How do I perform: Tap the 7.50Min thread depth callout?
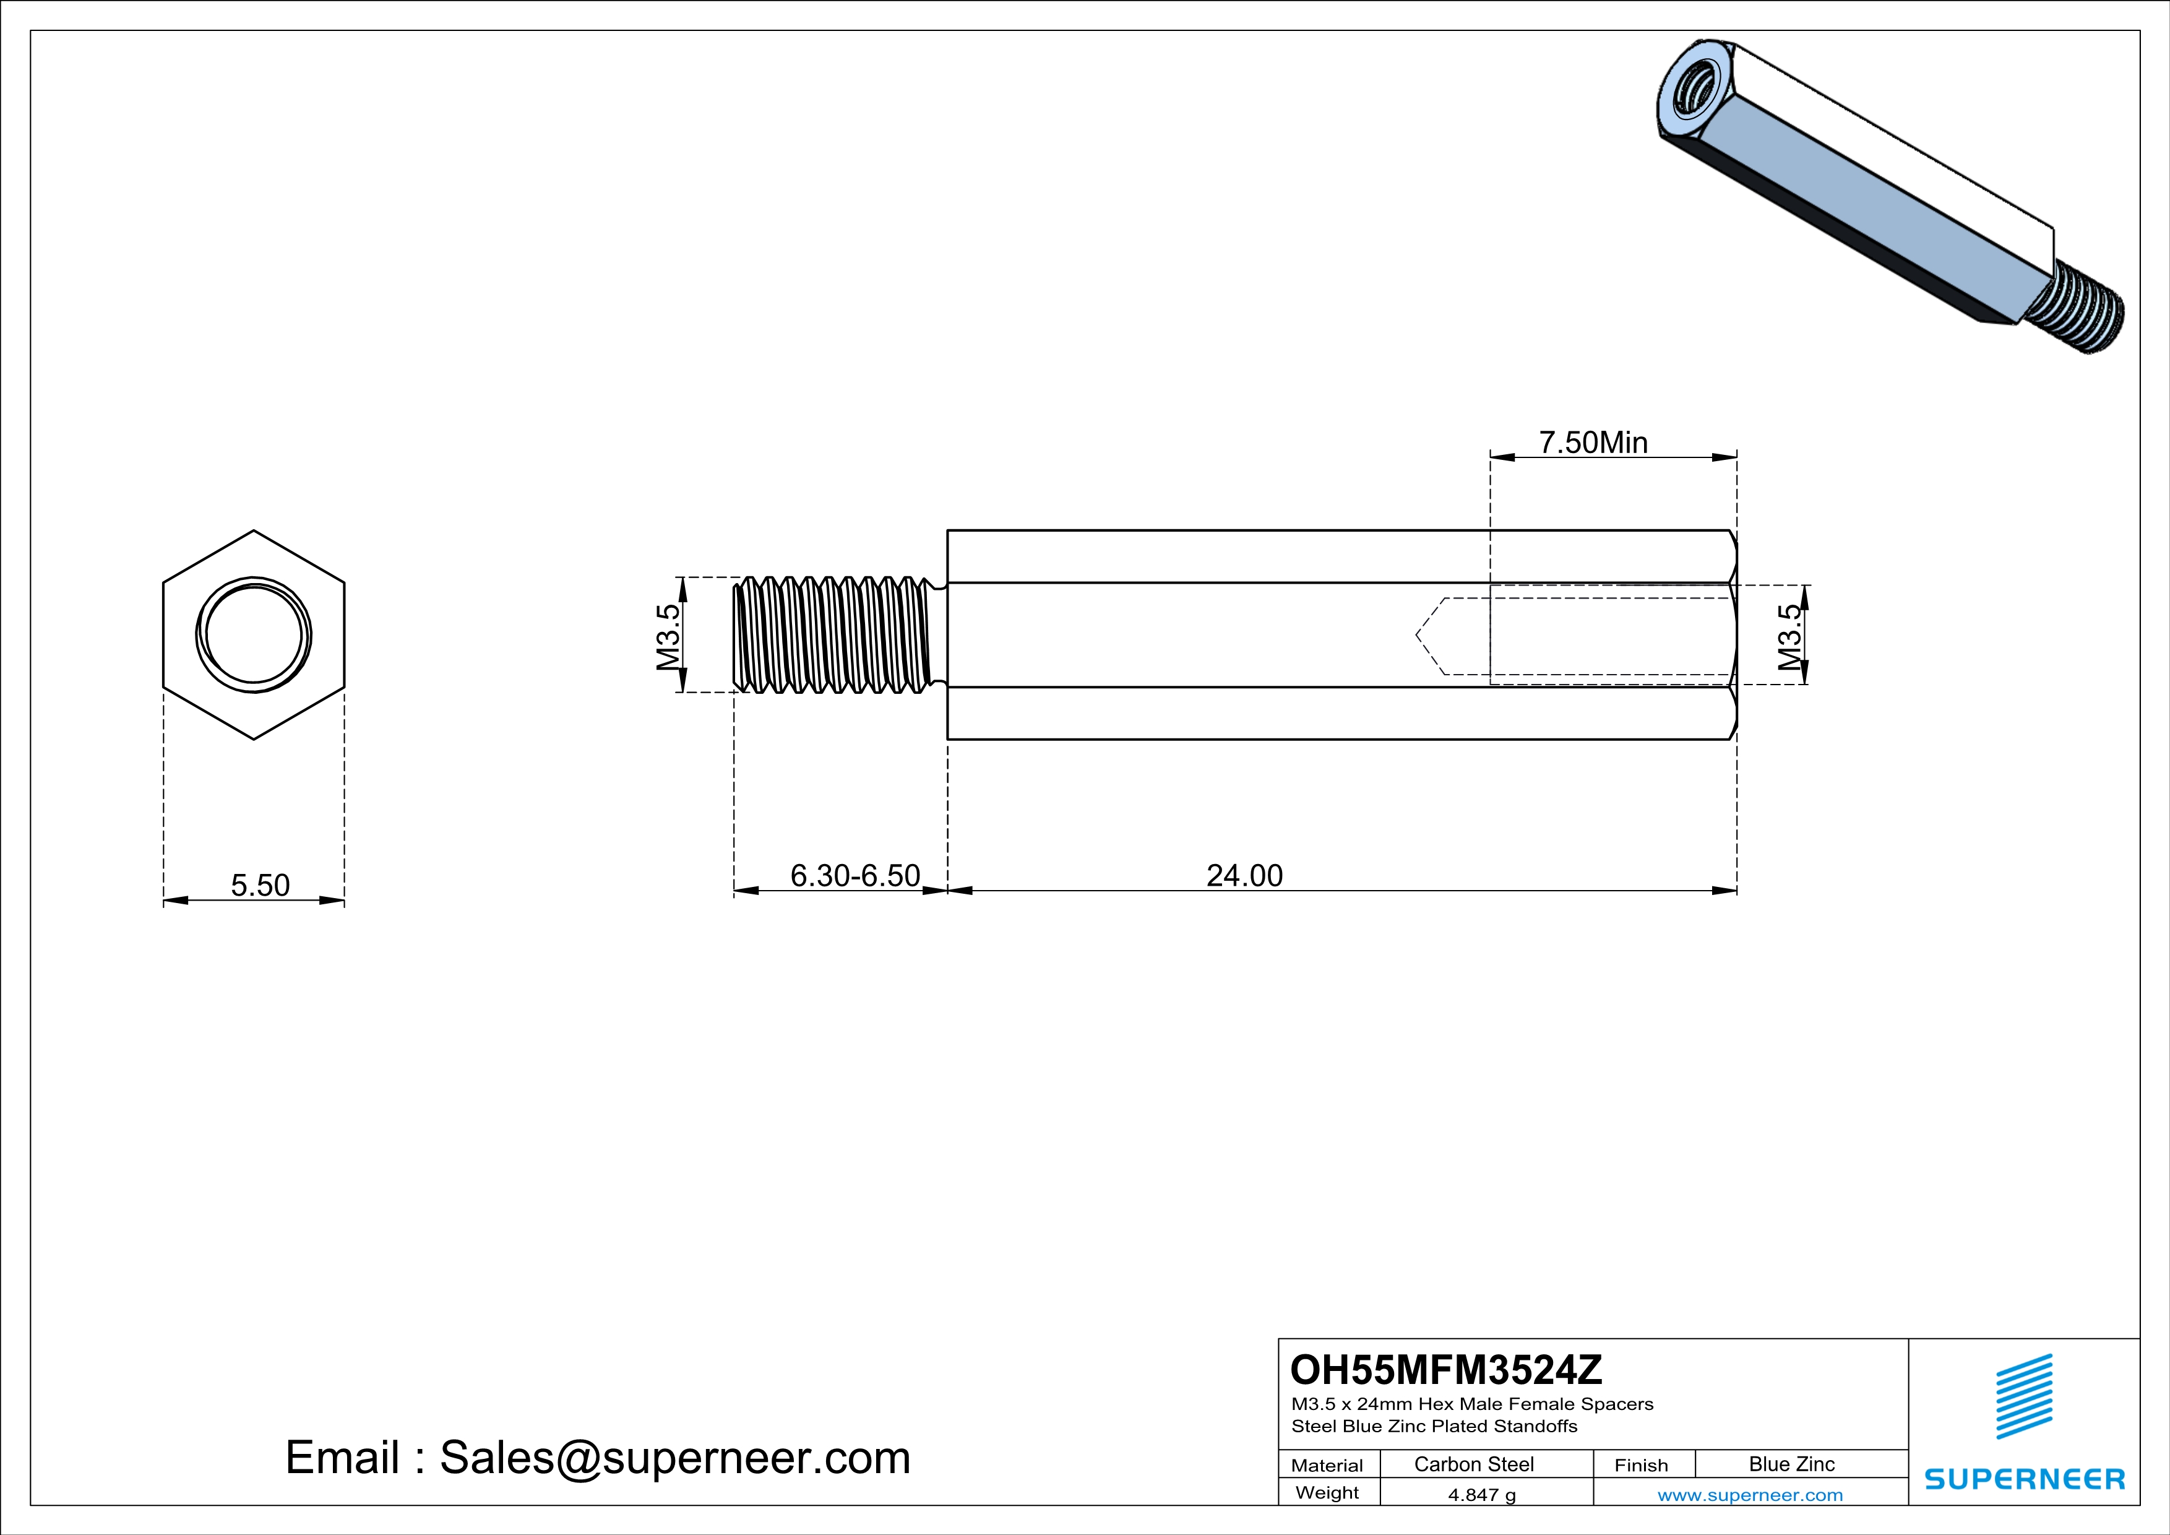pos(1593,443)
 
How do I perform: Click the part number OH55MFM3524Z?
pos(1446,1370)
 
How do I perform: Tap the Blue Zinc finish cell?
pos(1792,1464)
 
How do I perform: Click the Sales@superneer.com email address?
pos(675,1458)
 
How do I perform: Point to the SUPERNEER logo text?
pos(2025,1478)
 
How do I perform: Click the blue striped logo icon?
pos(2025,1397)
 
